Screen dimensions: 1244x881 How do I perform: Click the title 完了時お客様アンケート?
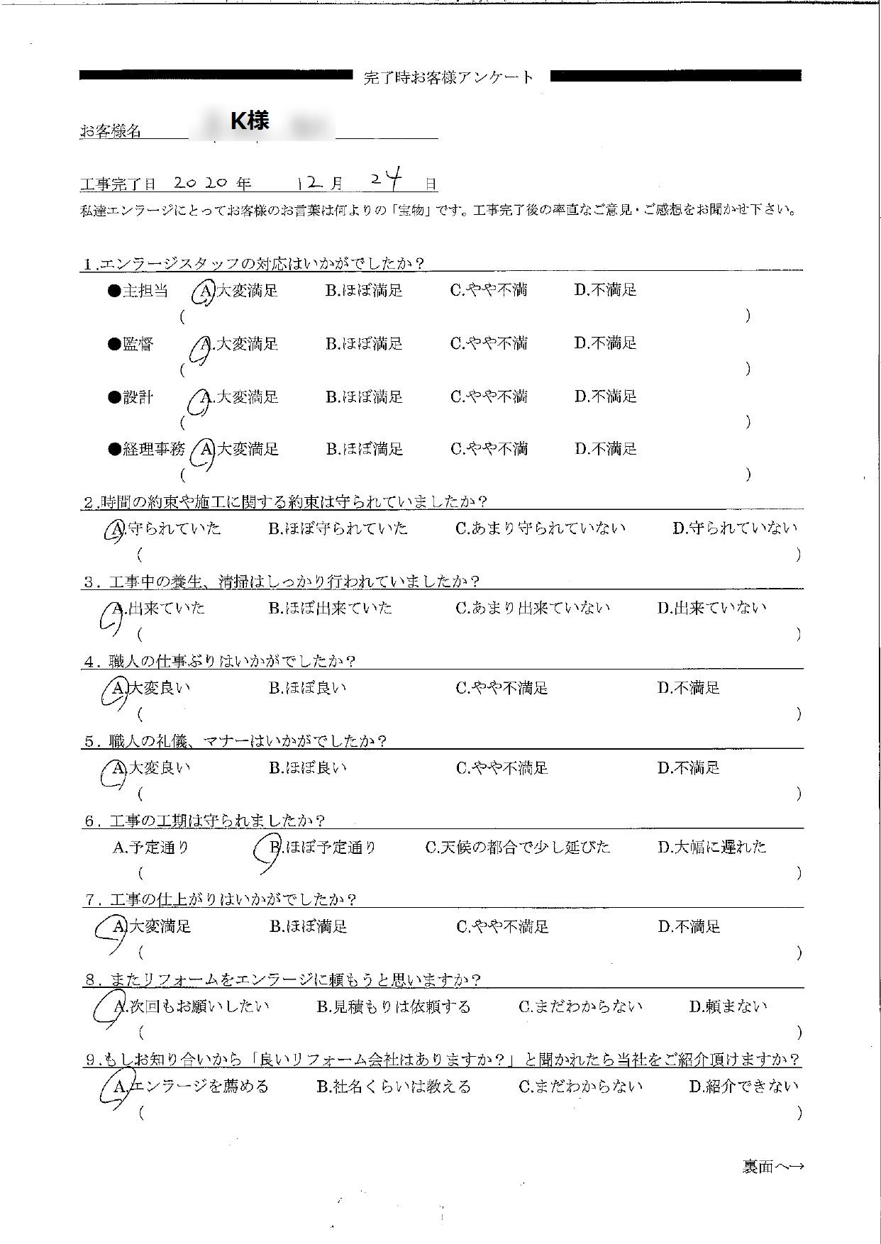(448, 78)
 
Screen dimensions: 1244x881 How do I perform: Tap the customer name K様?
(250, 121)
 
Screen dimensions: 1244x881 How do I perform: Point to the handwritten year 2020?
(200, 182)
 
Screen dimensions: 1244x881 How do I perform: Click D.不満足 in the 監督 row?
(605, 343)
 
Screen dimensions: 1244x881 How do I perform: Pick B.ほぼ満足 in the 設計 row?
(364, 396)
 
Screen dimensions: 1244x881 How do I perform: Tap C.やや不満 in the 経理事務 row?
(489, 449)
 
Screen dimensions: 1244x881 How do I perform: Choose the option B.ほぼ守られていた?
(338, 528)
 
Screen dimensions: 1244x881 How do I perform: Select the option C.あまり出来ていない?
(533, 608)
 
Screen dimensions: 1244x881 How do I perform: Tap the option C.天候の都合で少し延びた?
(517, 847)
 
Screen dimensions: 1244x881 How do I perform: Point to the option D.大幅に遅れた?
(711, 847)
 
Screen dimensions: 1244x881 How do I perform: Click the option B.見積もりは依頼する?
(393, 1006)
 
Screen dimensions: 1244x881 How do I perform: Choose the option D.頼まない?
(728, 1006)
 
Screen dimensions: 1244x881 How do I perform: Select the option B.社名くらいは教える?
(393, 1086)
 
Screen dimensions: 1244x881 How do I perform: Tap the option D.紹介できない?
(743, 1086)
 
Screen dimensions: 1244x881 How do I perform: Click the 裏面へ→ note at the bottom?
(772, 1167)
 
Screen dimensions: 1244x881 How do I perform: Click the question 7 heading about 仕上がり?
(220, 900)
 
